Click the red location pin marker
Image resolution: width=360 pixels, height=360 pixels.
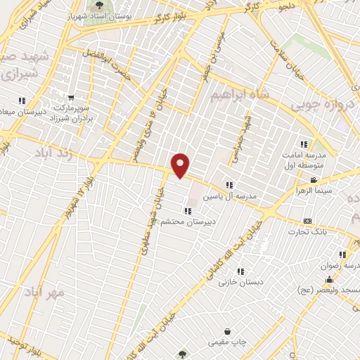pos(181,165)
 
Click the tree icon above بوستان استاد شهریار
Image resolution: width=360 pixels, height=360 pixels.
pos(98,6)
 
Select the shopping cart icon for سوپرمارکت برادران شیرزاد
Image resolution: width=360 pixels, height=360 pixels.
pos(70,98)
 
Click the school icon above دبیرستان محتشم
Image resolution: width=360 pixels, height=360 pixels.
pos(187,210)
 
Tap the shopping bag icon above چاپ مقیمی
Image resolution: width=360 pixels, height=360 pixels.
pos(228,331)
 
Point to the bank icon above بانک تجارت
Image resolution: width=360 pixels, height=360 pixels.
pos(307,221)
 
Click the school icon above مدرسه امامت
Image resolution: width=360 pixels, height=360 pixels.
pos(304,143)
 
